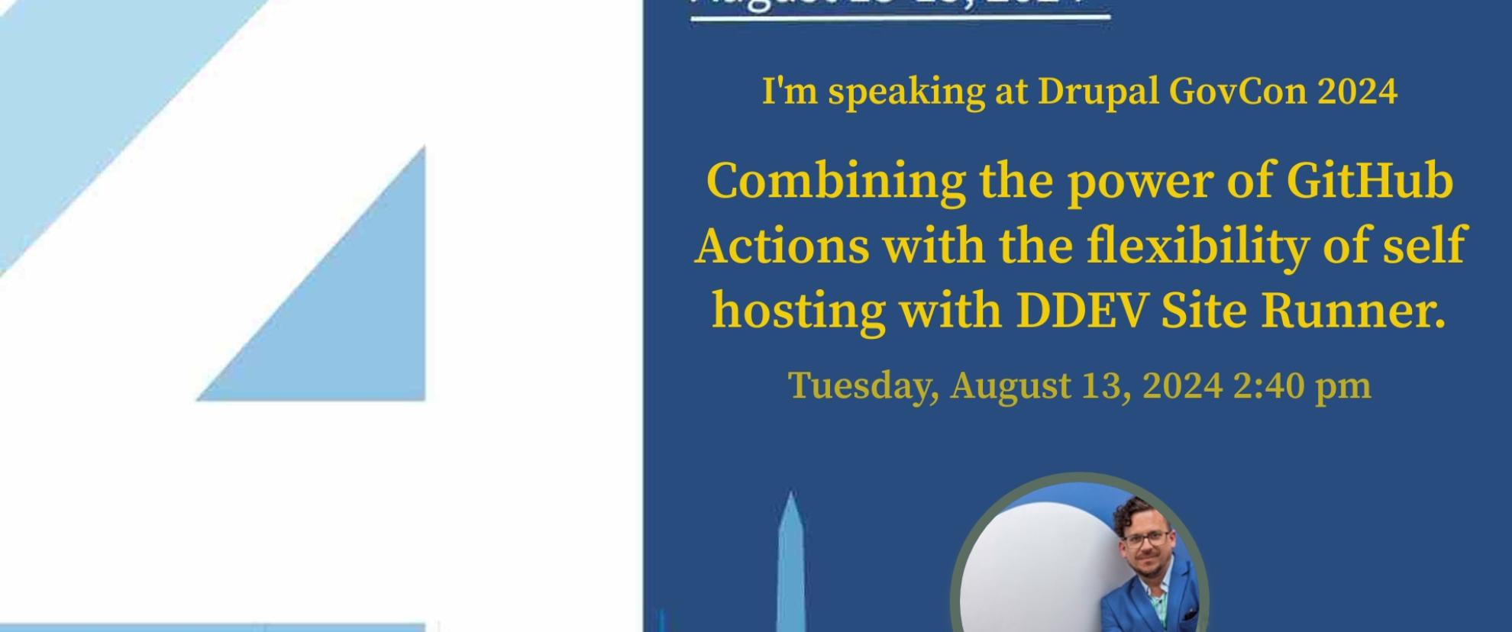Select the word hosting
[799, 311]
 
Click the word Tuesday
[863, 386]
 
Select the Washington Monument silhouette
[790, 565]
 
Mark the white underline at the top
[900, 16]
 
